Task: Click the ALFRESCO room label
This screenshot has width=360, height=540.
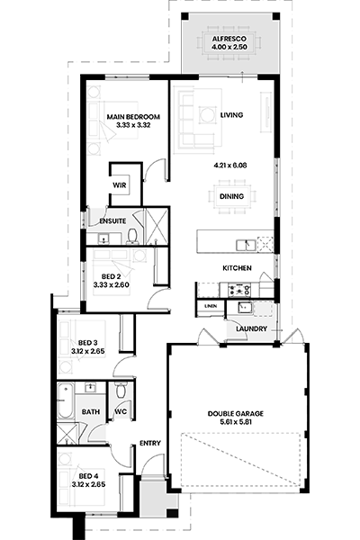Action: (x=229, y=39)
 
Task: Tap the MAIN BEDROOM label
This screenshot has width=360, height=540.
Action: (x=133, y=117)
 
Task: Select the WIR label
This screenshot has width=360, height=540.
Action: (x=119, y=185)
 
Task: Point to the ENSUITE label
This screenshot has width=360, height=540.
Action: (x=112, y=221)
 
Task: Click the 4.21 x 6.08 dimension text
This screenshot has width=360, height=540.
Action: (x=230, y=166)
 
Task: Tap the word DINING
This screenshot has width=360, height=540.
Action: (x=231, y=196)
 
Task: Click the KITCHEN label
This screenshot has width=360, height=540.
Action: (x=237, y=268)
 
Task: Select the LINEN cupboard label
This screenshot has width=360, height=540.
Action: (x=211, y=306)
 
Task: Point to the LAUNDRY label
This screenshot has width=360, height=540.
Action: (x=251, y=328)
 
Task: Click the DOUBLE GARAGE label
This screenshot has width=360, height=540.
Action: (x=235, y=414)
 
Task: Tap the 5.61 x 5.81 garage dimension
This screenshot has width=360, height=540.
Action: (x=235, y=422)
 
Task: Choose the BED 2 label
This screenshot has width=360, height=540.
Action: (x=111, y=276)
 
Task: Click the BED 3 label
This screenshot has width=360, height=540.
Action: (x=88, y=343)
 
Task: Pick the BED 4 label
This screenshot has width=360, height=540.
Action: (x=88, y=476)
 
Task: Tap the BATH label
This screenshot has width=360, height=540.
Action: (x=91, y=412)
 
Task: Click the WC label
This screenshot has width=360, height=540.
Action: (x=121, y=412)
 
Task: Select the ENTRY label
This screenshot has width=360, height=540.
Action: (x=150, y=443)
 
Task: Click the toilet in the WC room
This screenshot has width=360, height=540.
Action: (x=121, y=391)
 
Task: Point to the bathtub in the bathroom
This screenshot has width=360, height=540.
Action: (x=65, y=400)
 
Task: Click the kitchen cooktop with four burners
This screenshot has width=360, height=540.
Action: (x=239, y=290)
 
